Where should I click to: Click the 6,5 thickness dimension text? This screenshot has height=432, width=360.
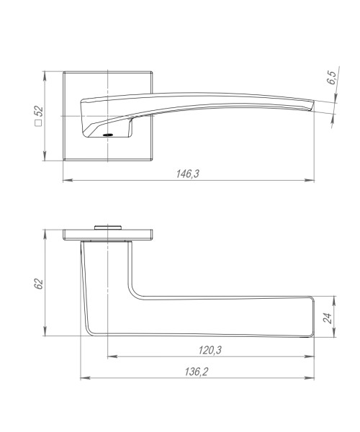point(331,79)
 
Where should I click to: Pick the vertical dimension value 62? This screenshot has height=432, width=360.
point(39,284)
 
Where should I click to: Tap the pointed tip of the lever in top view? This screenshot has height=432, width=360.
point(314,106)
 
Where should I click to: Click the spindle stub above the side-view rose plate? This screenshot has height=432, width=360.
point(107,226)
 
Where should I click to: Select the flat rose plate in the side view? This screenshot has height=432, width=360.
point(108,234)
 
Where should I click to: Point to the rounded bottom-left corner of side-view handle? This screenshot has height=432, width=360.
point(90,332)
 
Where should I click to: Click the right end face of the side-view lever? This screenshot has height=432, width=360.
point(315,317)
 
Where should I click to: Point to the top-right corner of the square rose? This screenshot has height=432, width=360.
point(152,72)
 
